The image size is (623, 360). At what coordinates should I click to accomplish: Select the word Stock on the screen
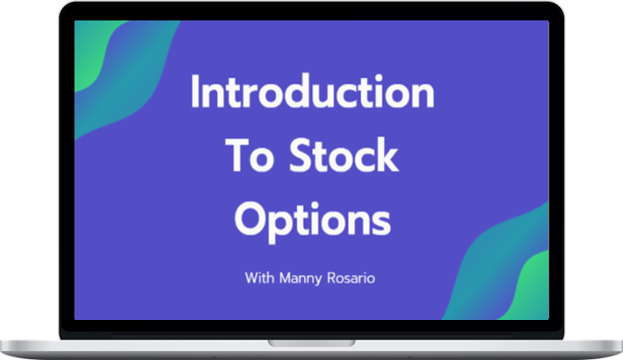pyautogui.click(x=341, y=157)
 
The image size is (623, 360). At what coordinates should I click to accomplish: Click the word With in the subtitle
pyautogui.click(x=260, y=277)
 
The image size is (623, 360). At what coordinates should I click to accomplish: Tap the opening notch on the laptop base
pyautogui.click(x=311, y=341)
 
